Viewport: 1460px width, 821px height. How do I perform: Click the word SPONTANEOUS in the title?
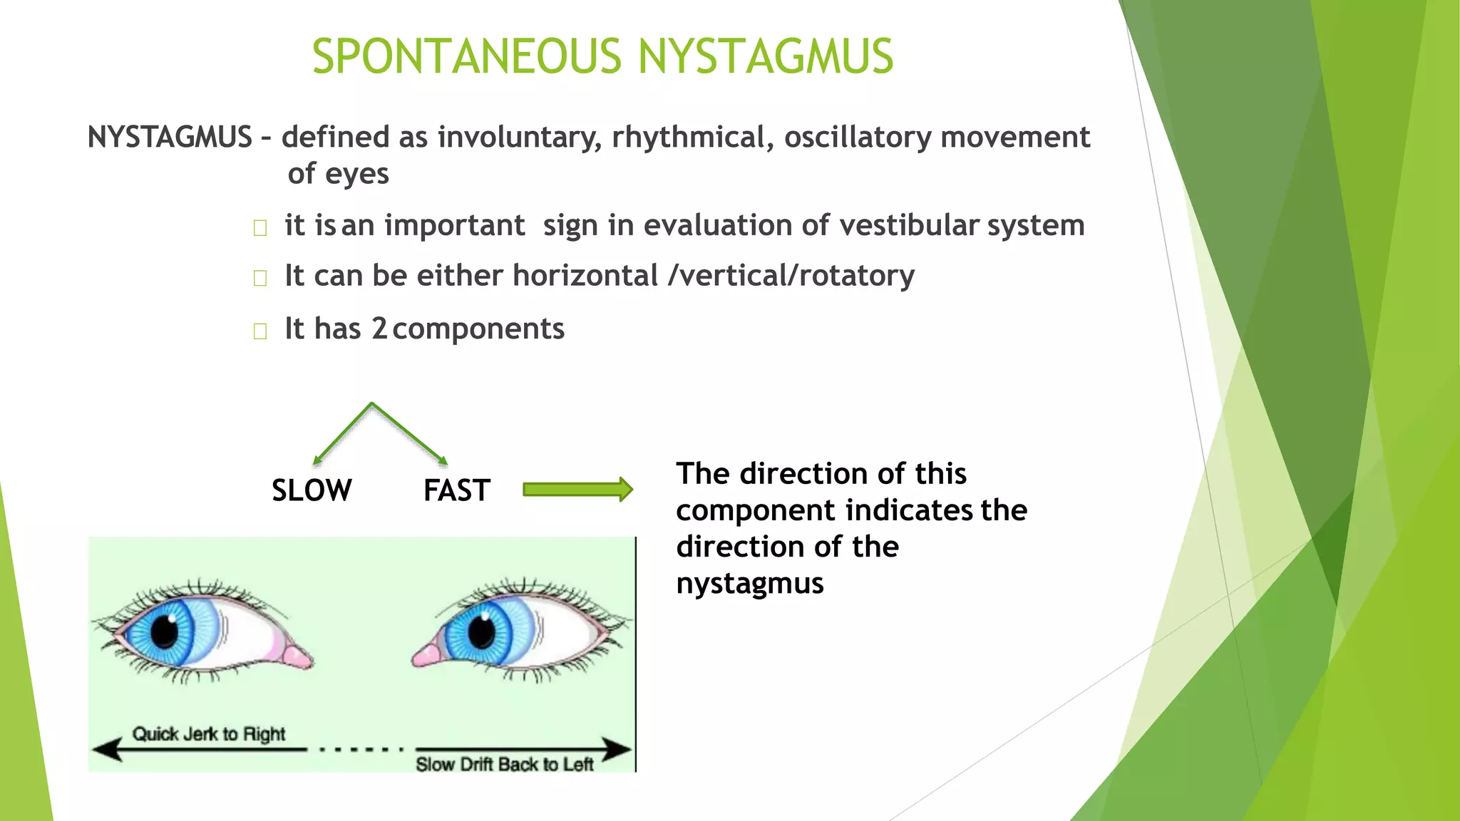pos(467,57)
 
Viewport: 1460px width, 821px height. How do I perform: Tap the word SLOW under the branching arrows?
pos(312,490)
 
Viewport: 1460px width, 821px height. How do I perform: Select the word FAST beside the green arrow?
pos(456,490)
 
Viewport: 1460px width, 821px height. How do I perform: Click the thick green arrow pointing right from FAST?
pos(577,490)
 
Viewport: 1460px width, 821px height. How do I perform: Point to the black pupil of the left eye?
pos(165,629)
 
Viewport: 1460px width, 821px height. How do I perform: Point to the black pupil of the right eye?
pos(481,631)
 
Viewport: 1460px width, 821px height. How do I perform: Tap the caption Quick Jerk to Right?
pos(209,734)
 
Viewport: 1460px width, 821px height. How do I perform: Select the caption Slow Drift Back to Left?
pos(504,765)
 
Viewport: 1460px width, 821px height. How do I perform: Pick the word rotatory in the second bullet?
pos(856,276)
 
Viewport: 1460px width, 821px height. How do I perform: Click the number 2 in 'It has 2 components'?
pos(379,329)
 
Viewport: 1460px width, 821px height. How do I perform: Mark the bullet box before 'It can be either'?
pos(260,278)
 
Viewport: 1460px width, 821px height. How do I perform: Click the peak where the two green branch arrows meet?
pos(371,404)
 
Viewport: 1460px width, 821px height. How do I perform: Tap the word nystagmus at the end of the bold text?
pos(750,584)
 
